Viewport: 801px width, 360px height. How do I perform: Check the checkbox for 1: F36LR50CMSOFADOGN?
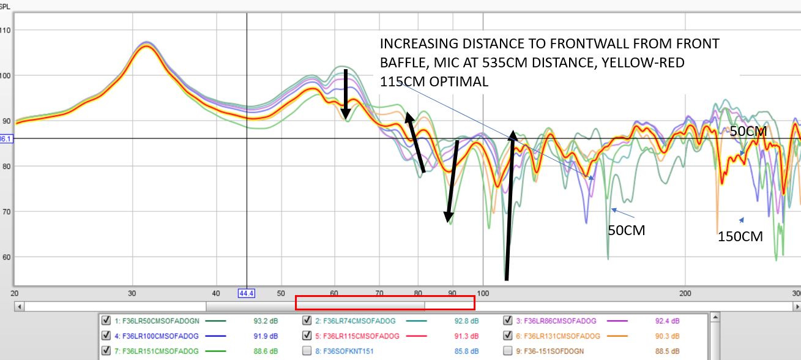pyautogui.click(x=105, y=320)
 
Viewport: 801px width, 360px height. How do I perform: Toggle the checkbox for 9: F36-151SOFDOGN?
pyautogui.click(x=507, y=351)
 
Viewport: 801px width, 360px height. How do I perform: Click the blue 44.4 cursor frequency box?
pyautogui.click(x=247, y=293)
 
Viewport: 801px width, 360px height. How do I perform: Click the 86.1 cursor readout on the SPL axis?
pyautogui.click(x=6, y=139)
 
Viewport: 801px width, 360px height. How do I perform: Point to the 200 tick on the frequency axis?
pyautogui.click(x=685, y=293)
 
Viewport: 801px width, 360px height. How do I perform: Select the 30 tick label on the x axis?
pyautogui.click(x=132, y=293)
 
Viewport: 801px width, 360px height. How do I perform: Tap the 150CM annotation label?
pyautogui.click(x=740, y=236)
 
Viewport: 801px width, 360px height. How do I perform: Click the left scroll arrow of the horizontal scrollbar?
pyautogui.click(x=19, y=306)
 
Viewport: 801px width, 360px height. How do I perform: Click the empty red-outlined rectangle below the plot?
pyautogui.click(x=385, y=302)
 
